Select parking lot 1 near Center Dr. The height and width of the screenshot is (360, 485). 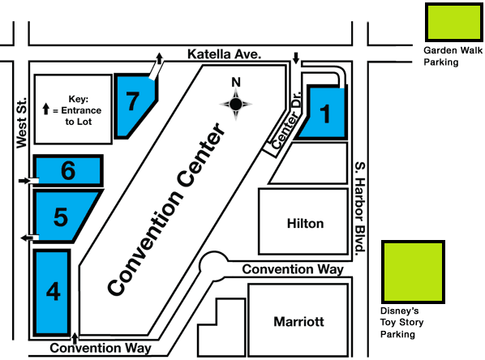click(324, 114)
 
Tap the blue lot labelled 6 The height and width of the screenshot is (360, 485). click(68, 170)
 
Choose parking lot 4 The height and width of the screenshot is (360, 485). click(52, 292)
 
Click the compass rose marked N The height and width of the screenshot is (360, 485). click(236, 103)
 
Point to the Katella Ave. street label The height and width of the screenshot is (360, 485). click(223, 54)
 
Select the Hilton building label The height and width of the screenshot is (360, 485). click(305, 223)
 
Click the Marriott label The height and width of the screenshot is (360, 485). click(299, 322)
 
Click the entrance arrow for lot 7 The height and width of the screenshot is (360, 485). click(159, 58)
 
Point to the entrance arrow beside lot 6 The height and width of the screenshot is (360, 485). click(24, 179)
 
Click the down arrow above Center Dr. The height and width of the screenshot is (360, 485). click(296, 58)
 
